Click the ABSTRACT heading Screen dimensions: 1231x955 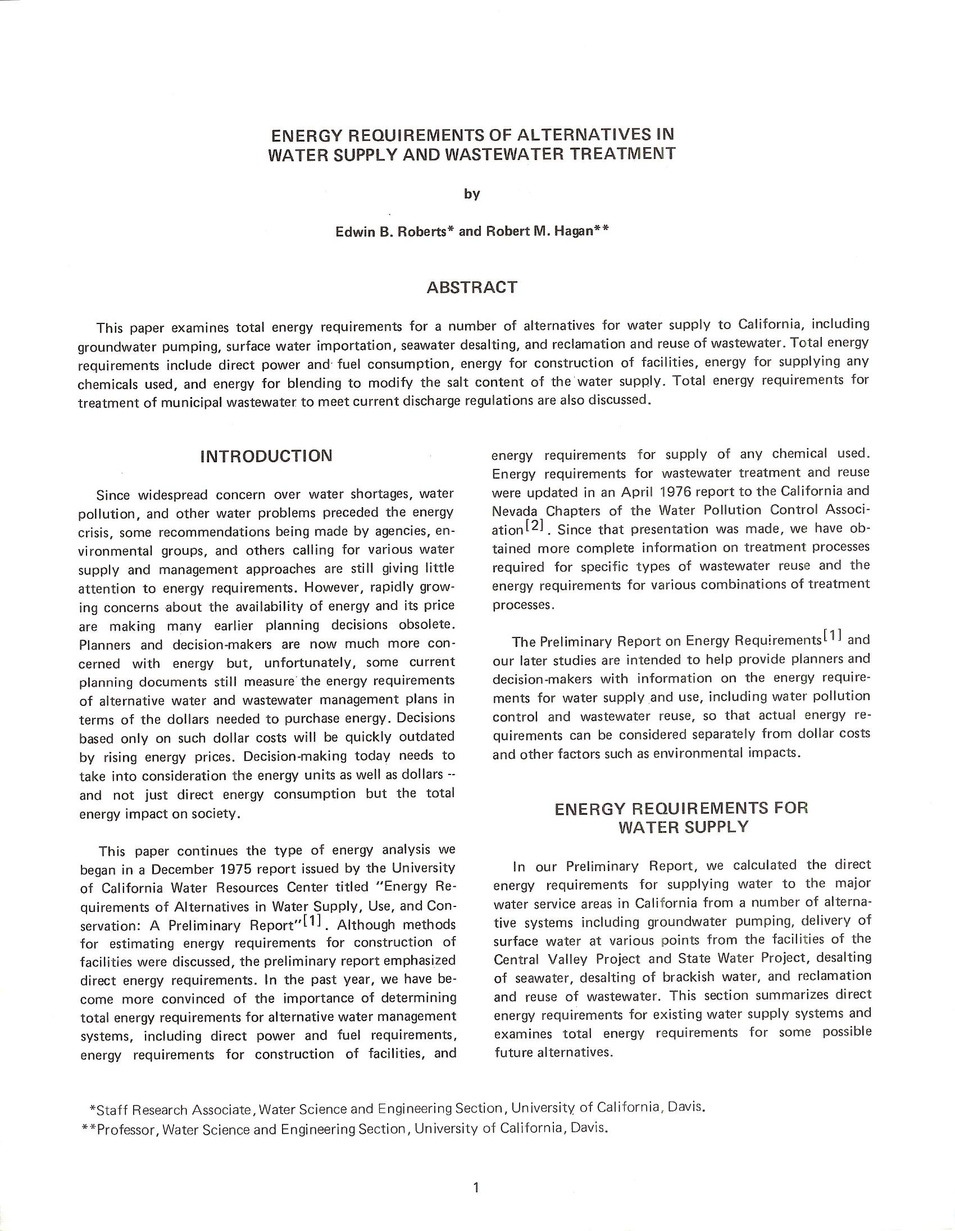click(471, 288)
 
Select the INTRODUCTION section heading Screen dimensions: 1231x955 click(266, 455)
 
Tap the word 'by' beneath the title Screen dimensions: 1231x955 click(472, 194)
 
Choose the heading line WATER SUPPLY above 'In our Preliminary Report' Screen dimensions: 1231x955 click(683, 827)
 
